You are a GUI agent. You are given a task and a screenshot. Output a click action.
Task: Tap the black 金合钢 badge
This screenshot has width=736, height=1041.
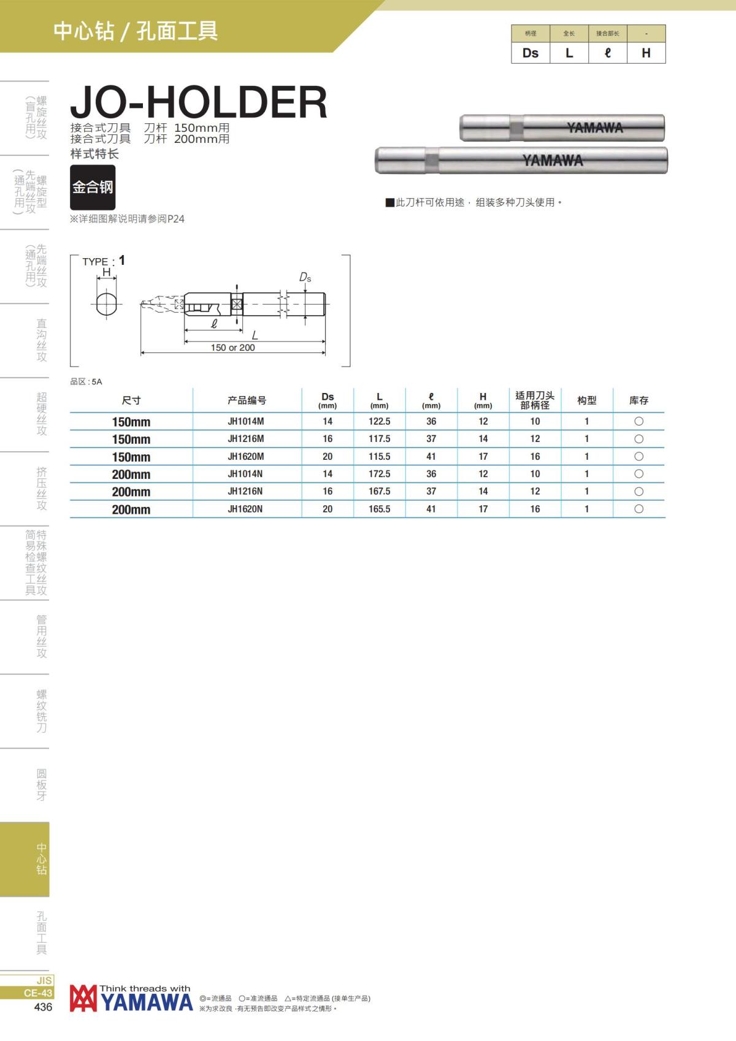pos(93,187)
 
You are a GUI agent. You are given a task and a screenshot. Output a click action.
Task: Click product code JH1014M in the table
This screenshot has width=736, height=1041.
pos(246,422)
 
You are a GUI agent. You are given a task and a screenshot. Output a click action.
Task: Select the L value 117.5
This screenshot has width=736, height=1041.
pos(380,439)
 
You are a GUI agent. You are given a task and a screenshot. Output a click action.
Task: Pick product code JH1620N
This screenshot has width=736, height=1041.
pos(245,509)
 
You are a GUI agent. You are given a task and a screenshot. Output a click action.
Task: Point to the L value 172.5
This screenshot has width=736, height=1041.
pos(380,474)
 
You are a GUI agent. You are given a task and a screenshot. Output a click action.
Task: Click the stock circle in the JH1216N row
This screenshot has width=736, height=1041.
pos(639,491)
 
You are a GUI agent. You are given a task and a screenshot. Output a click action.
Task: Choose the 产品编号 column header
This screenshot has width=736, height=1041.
pos(247,400)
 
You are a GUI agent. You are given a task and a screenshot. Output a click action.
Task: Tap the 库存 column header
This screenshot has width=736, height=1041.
pos(639,400)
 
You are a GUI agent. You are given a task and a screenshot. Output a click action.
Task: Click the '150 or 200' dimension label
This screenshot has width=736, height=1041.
pos(232,347)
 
